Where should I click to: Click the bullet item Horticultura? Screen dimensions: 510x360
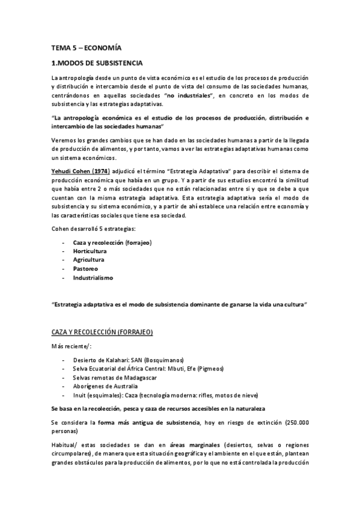pyautogui.click(x=90, y=251)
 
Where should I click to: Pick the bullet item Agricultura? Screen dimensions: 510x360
pyautogui.click(x=89, y=260)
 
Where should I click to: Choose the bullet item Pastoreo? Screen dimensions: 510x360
pyautogui.click(x=85, y=269)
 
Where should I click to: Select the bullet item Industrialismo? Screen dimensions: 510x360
pyautogui.click(x=93, y=278)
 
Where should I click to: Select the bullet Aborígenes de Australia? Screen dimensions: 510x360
pyautogui.click(x=105, y=386)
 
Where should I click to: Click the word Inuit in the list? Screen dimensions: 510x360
pyautogui.click(x=79, y=395)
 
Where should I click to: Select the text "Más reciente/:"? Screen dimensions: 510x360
pyautogui.click(x=70, y=345)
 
